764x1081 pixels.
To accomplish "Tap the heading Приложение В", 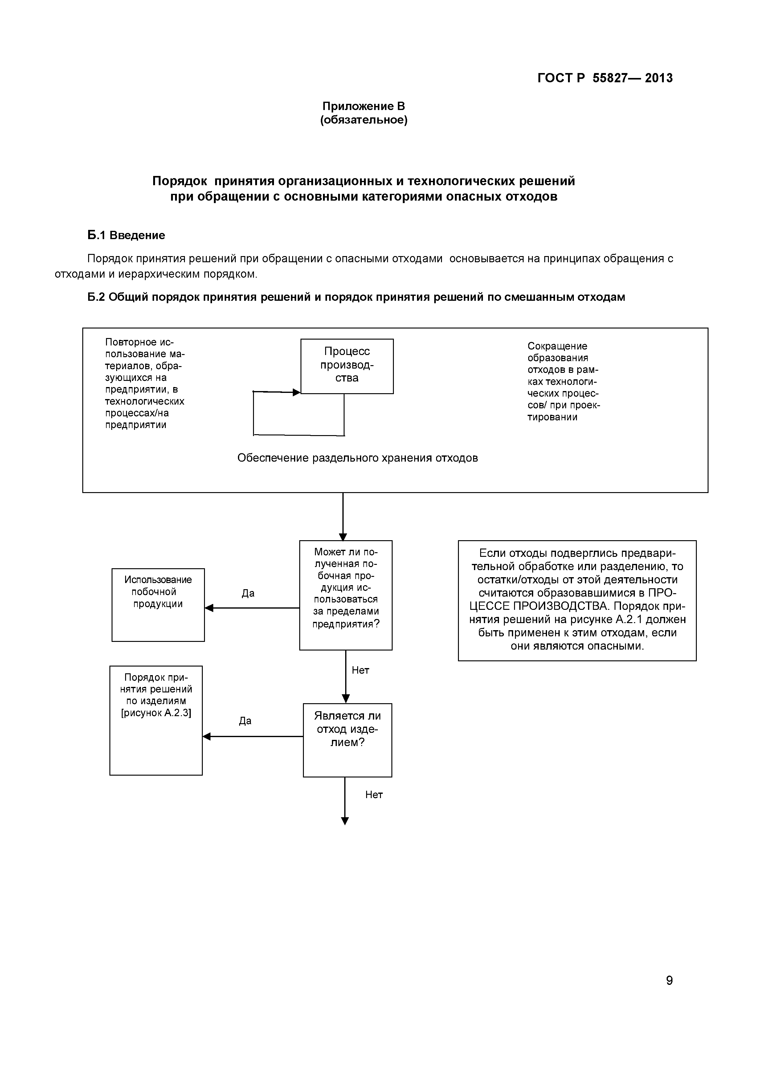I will pos(363,106).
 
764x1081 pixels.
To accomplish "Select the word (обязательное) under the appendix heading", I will pos(363,120).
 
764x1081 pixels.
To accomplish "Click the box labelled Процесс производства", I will pos(347,366).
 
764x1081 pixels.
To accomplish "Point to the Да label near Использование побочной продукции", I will pos(248,593).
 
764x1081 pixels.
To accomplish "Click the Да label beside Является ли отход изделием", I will pos(245,721).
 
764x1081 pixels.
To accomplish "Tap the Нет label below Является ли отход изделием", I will pos(374,795).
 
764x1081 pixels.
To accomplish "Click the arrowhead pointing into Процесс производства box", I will pos(296,392).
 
